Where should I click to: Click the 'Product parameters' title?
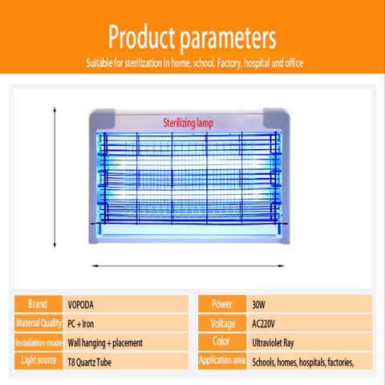click(x=192, y=38)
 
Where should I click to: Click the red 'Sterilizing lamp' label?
click(x=188, y=124)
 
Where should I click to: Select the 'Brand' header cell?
click(x=38, y=304)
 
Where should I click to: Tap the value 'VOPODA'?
click(x=80, y=305)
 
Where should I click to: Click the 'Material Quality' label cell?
click(x=38, y=323)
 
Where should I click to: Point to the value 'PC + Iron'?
click(x=80, y=324)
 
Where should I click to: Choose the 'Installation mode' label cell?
click(x=38, y=342)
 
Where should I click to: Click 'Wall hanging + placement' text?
click(x=105, y=343)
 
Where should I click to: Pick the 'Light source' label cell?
click(x=38, y=361)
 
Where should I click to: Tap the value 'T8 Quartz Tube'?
click(x=89, y=363)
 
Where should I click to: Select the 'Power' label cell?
click(x=222, y=304)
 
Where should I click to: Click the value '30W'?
click(x=258, y=305)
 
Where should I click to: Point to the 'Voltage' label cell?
click(x=222, y=323)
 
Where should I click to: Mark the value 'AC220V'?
click(x=263, y=324)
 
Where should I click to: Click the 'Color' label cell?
click(x=222, y=342)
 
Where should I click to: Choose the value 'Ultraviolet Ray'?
click(x=273, y=343)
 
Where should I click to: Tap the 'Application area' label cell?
click(x=222, y=361)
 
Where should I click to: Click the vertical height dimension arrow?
click(x=55, y=177)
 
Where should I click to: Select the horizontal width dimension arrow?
click(x=188, y=266)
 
